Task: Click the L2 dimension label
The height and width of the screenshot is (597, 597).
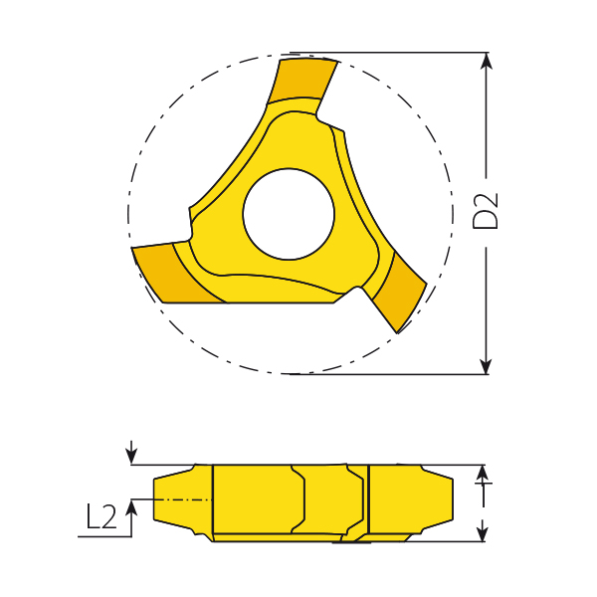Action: [x=100, y=515]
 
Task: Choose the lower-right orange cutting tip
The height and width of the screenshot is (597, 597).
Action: [x=401, y=291]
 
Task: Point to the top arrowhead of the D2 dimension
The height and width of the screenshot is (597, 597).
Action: [x=486, y=61]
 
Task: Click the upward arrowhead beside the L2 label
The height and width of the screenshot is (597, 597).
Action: [x=130, y=507]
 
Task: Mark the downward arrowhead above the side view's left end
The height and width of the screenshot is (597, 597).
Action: [x=130, y=456]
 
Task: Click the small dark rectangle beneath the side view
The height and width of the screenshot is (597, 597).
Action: [x=350, y=541]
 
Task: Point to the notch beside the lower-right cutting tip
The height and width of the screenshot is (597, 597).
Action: [x=351, y=294]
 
